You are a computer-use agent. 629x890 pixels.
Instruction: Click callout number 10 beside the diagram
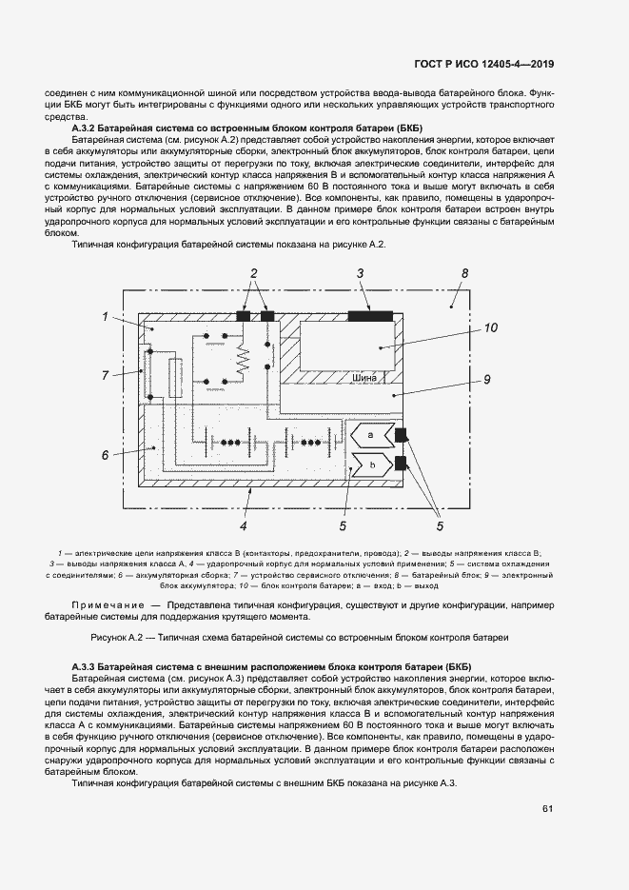click(490, 328)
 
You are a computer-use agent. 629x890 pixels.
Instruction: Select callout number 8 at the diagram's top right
click(464, 273)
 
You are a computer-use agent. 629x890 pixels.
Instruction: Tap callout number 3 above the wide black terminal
click(362, 273)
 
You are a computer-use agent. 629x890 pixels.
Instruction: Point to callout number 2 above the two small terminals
click(254, 273)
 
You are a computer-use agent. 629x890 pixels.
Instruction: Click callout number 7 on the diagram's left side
click(107, 376)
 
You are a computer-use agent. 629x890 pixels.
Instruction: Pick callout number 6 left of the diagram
click(107, 455)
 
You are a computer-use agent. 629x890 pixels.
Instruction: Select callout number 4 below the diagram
click(244, 524)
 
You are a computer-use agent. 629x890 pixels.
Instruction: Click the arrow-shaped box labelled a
click(372, 436)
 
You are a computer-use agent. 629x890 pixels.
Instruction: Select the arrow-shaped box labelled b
click(372, 465)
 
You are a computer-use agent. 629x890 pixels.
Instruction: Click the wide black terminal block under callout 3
click(370, 316)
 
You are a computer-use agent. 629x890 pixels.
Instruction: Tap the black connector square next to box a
click(402, 436)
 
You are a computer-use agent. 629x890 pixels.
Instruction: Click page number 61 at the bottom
click(548, 809)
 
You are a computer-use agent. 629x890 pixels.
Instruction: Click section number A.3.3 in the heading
click(88, 665)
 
